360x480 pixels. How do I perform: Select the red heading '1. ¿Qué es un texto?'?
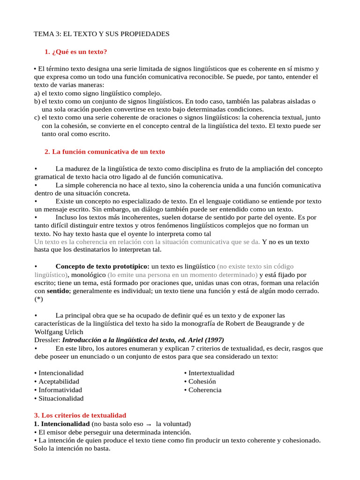coord(79,52)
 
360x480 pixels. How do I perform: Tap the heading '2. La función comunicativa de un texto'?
coord(105,151)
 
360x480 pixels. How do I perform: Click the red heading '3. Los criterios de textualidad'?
coord(80,415)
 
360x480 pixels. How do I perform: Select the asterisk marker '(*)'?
coord(39,300)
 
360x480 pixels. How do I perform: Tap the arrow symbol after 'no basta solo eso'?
coord(148,424)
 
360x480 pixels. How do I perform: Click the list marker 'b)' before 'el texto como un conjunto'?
coord(37,101)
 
